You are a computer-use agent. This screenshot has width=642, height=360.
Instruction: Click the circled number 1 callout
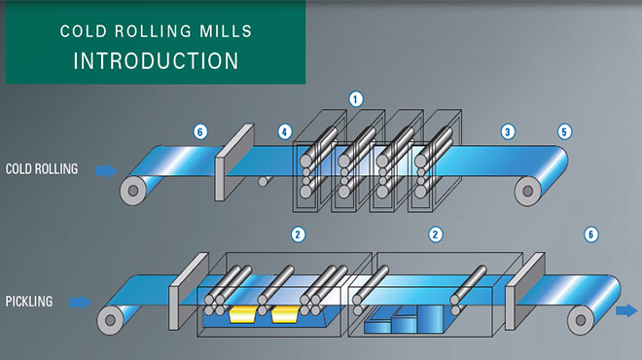(357, 98)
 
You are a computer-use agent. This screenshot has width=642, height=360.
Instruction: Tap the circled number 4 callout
(284, 130)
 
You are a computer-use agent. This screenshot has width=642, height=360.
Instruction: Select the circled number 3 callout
(507, 130)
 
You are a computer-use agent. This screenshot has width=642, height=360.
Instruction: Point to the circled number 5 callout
(565, 130)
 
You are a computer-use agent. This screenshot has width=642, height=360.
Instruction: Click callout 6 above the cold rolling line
(199, 130)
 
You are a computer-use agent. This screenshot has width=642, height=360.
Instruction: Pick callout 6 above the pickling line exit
(590, 234)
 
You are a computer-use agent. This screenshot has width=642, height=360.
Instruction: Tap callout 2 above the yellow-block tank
(299, 234)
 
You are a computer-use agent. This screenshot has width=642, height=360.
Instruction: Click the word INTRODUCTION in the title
(156, 60)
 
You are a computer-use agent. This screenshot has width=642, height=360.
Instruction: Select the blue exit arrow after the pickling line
(628, 311)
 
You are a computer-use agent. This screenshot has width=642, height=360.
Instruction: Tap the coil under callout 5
(529, 191)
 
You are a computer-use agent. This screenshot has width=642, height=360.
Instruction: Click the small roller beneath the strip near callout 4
(263, 181)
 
